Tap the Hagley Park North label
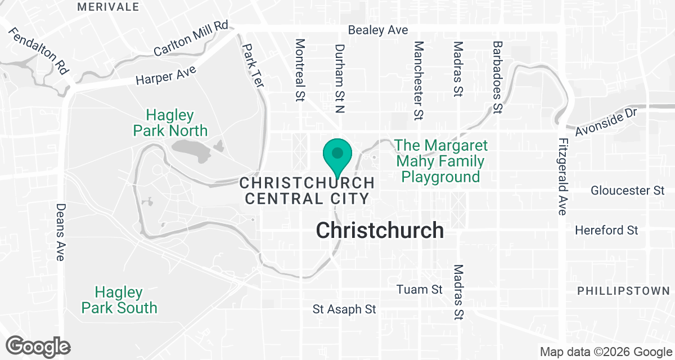pos(170,123)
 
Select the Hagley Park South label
pos(119,300)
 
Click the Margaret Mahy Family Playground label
pos(441,161)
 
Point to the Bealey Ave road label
pos(378,30)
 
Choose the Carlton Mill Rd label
pos(193,38)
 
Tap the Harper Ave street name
pos(166,75)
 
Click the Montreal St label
pos(300,70)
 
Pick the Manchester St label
pos(418,80)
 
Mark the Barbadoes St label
pos(497,76)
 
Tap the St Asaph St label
pos(344,309)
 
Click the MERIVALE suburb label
pos(108,7)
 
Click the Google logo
pos(38,346)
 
